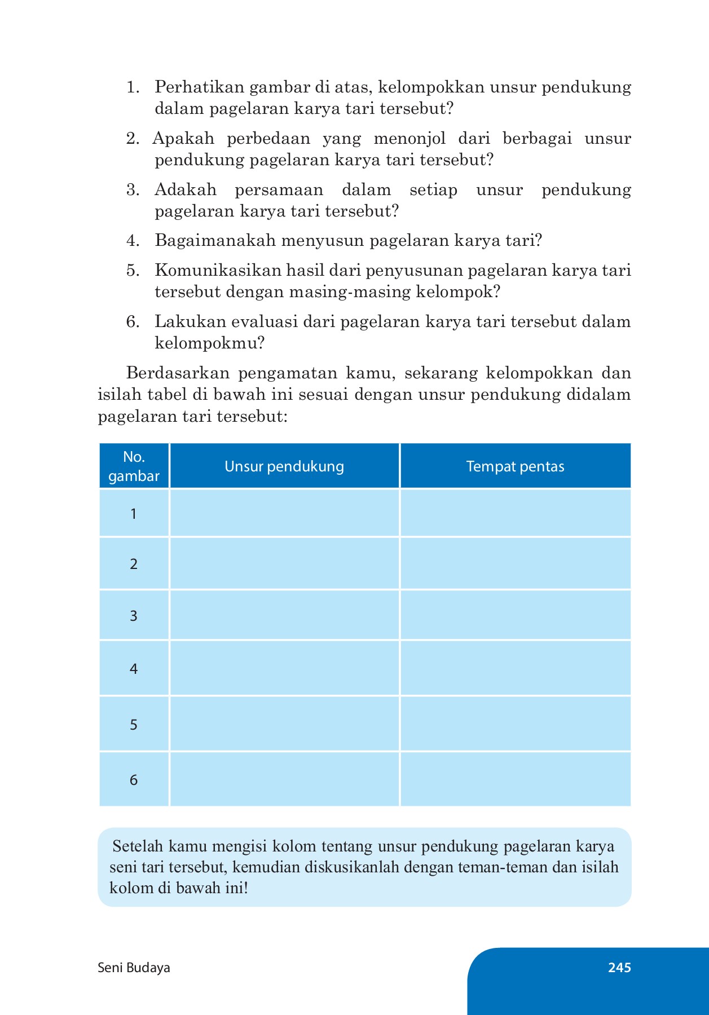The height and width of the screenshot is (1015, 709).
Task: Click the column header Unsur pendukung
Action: tap(284, 466)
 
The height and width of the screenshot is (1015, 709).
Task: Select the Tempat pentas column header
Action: tap(515, 466)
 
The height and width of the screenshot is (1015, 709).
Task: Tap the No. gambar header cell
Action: tap(134, 466)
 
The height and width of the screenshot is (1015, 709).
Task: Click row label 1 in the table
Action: tap(134, 514)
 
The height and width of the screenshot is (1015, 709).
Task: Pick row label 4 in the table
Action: tap(134, 669)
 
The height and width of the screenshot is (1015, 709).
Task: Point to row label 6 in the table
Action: tap(134, 780)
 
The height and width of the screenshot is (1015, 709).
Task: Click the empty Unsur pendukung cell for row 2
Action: tap(284, 563)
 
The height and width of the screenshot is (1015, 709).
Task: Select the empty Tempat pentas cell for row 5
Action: tap(515, 724)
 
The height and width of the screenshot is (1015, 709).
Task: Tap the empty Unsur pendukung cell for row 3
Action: tap(284, 615)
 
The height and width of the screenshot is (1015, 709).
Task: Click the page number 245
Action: tap(619, 968)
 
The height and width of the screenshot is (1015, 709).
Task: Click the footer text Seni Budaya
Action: tap(134, 968)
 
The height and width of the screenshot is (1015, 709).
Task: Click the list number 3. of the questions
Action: tap(133, 190)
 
